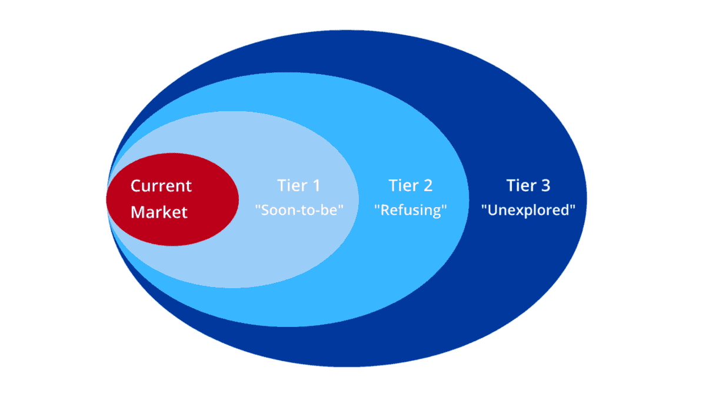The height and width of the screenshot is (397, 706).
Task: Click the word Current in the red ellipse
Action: coord(161,186)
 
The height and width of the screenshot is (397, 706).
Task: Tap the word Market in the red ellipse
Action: coord(159,212)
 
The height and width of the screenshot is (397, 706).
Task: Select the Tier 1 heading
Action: coord(299,186)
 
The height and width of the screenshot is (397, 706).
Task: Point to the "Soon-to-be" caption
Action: coord(299,211)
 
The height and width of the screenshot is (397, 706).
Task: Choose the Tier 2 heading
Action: coord(411,186)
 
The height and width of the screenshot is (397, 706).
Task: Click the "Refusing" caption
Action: coord(411,211)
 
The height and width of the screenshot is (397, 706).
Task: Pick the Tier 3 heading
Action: coord(528,186)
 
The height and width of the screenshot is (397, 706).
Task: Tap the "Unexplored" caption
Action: coord(528,211)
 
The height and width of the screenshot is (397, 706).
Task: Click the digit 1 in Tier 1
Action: coord(316,186)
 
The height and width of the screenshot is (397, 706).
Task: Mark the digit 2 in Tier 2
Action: coord(428,186)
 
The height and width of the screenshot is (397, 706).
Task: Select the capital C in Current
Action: coord(136,186)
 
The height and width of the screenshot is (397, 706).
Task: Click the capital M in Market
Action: coord(138,212)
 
